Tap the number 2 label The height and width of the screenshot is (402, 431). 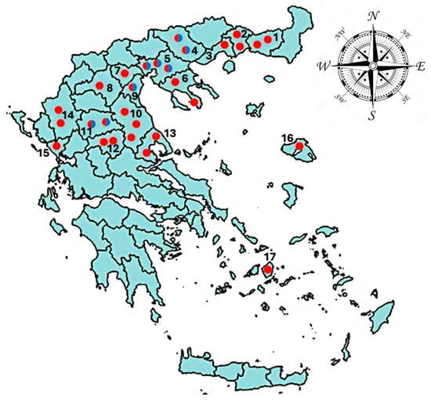pos(244,33)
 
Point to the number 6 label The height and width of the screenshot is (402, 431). pos(184,78)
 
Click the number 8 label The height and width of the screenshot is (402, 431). pos(109,86)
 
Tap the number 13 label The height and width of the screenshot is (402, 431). pos(170,133)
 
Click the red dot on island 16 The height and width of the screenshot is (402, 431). pos(299,147)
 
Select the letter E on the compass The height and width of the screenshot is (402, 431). pos(422,68)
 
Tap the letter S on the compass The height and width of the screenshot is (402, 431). pos(372,117)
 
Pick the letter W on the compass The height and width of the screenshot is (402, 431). pos(324,67)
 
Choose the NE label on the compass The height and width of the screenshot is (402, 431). pos(404,37)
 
